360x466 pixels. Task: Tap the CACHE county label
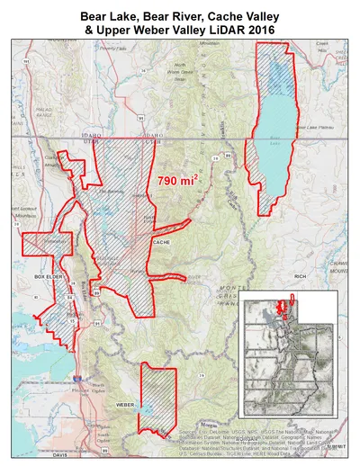click(x=162, y=243)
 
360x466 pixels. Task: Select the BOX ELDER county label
click(x=46, y=277)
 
